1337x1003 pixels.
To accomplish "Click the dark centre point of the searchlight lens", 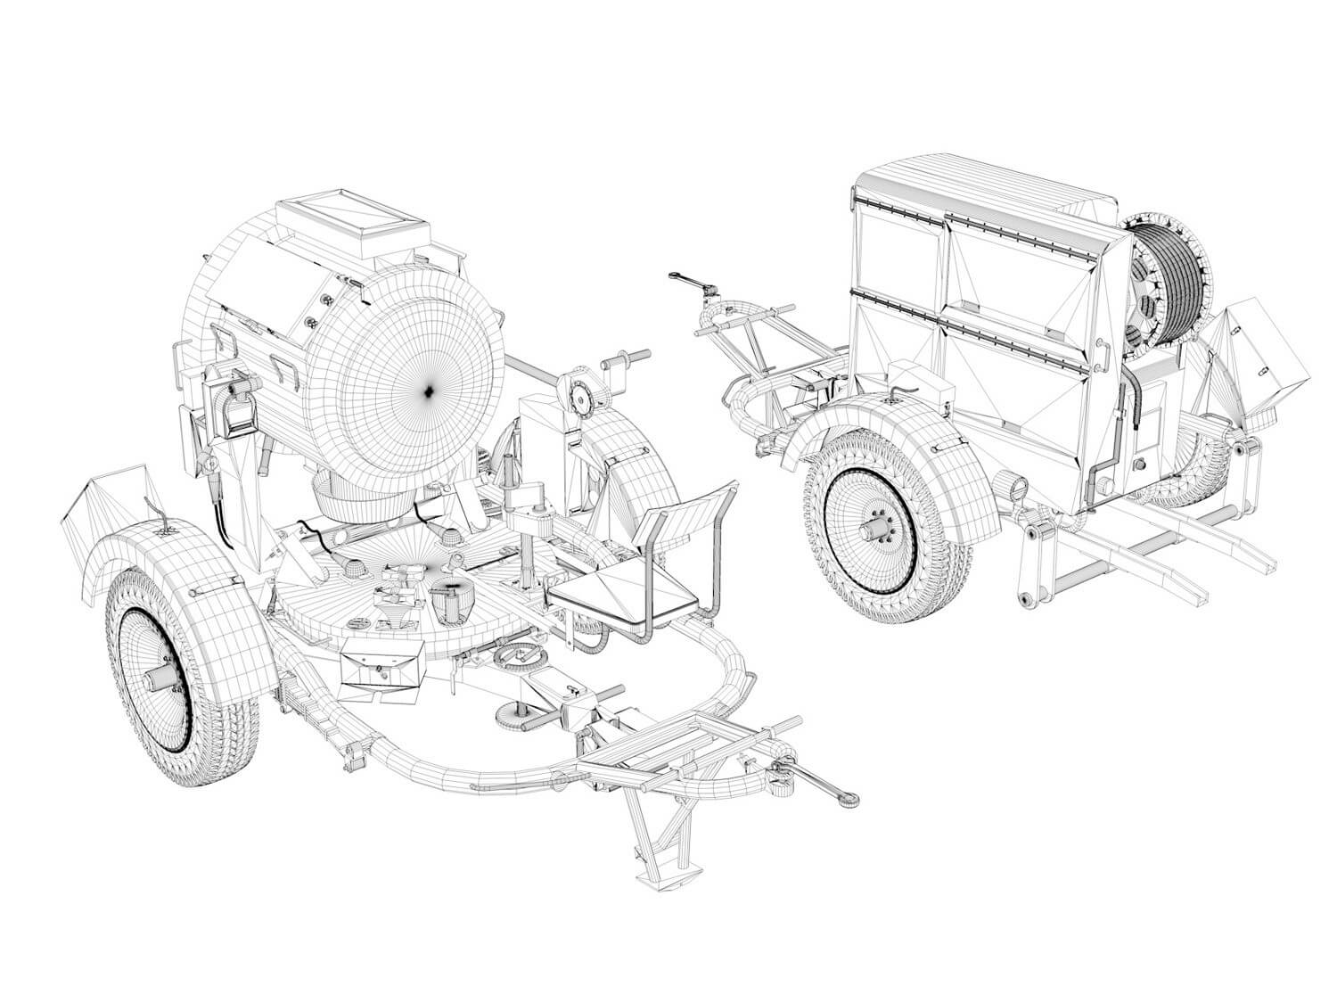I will (x=429, y=390).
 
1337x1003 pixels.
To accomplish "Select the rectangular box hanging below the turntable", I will (x=378, y=668).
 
